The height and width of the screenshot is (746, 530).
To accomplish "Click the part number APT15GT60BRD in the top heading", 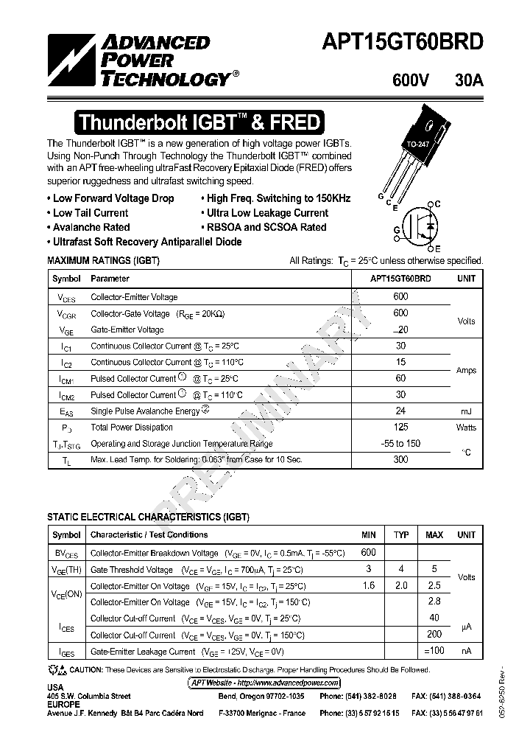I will [x=402, y=42].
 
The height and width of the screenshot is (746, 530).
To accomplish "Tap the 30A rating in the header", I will [x=469, y=82].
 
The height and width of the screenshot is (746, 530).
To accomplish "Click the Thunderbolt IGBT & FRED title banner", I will [x=199, y=122].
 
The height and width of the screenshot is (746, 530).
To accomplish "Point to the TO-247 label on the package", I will [x=418, y=144].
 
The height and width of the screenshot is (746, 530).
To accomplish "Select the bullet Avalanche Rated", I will [x=91, y=227].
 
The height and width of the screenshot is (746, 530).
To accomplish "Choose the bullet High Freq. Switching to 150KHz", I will [x=278, y=198].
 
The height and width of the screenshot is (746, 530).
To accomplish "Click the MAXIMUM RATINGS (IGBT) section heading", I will [x=103, y=261].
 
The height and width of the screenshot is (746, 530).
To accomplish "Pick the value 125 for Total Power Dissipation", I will [x=401, y=428].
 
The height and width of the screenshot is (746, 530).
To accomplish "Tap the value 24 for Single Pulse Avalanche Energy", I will [x=401, y=411].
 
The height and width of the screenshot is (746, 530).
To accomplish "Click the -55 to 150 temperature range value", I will [x=401, y=444].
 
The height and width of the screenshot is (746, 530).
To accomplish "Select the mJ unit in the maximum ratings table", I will [x=466, y=411].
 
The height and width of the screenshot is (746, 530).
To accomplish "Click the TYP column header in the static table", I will [x=401, y=534].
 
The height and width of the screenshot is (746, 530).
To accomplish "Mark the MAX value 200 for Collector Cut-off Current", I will [x=434, y=635].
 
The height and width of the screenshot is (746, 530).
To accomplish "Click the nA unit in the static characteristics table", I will [x=466, y=652].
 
